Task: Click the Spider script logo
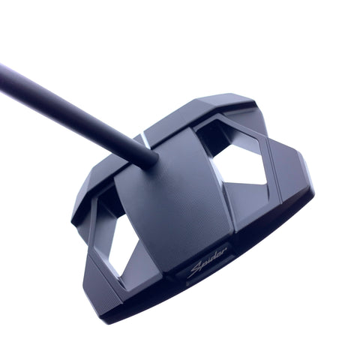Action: [x=208, y=262]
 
